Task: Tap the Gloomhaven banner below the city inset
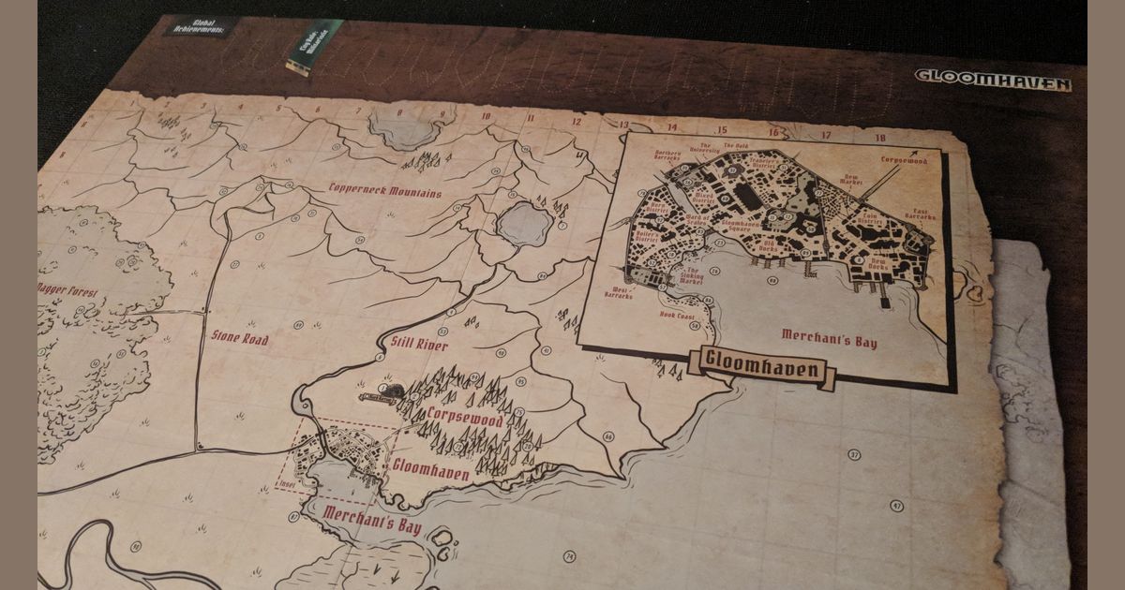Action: point(760,368)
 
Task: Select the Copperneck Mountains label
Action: point(384,192)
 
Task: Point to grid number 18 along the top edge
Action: point(879,138)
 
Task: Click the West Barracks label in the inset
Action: point(619,293)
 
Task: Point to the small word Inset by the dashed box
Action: point(286,485)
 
